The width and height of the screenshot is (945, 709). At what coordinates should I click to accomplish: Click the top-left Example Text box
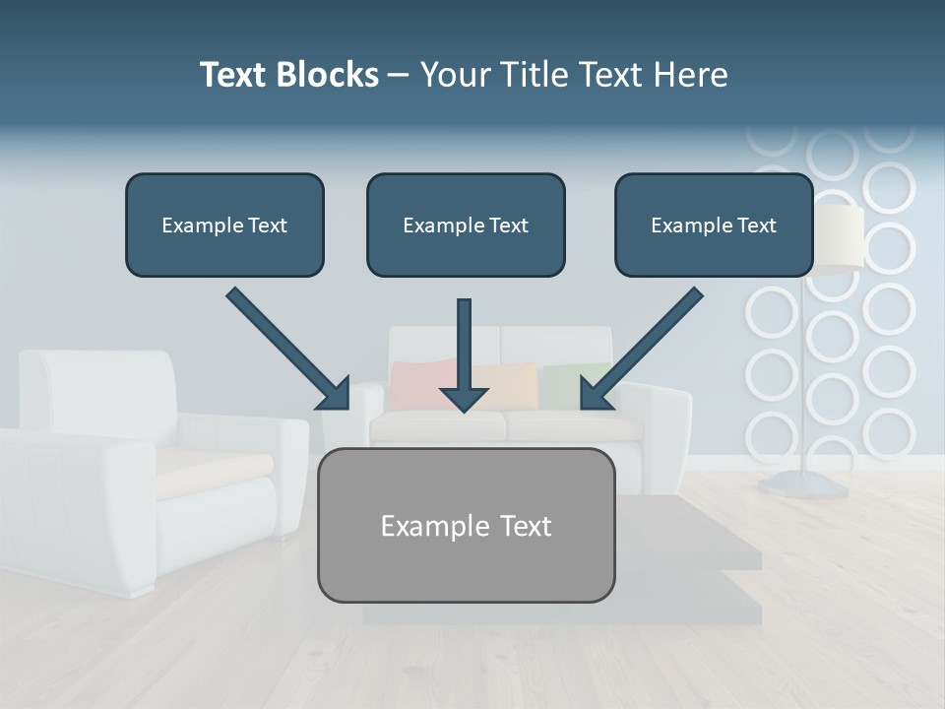point(224,225)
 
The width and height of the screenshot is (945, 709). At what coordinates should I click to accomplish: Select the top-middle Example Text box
point(466,225)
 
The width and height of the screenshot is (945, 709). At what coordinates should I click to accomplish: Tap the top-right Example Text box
point(714,225)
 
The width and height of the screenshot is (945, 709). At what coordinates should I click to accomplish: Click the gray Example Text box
point(466,525)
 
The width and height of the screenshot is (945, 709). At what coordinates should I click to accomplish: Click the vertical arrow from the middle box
point(465,345)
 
